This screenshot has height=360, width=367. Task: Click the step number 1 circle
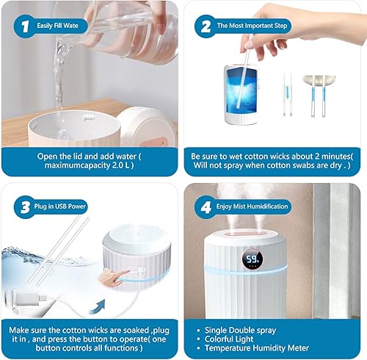(25, 26)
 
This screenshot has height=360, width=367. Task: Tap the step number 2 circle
(206, 26)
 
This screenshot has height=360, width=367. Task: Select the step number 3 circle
(25, 207)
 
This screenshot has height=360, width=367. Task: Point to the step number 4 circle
(206, 207)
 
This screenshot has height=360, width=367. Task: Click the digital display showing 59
(252, 259)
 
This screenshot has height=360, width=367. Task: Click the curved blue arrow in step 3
(98, 307)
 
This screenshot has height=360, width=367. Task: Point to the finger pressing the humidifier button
(114, 278)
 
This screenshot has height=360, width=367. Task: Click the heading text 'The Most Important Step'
(252, 26)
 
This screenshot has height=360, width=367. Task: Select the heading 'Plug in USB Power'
(60, 206)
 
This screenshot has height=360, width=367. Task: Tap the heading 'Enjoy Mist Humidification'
(252, 206)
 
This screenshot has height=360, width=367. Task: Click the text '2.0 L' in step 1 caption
(120, 165)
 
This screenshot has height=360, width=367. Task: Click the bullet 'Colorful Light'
(229, 339)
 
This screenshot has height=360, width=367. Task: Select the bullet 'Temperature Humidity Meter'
(257, 348)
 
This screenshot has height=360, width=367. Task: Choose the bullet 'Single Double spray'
(240, 331)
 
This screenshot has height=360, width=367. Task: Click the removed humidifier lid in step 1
(146, 127)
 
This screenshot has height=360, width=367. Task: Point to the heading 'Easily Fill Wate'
(57, 26)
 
